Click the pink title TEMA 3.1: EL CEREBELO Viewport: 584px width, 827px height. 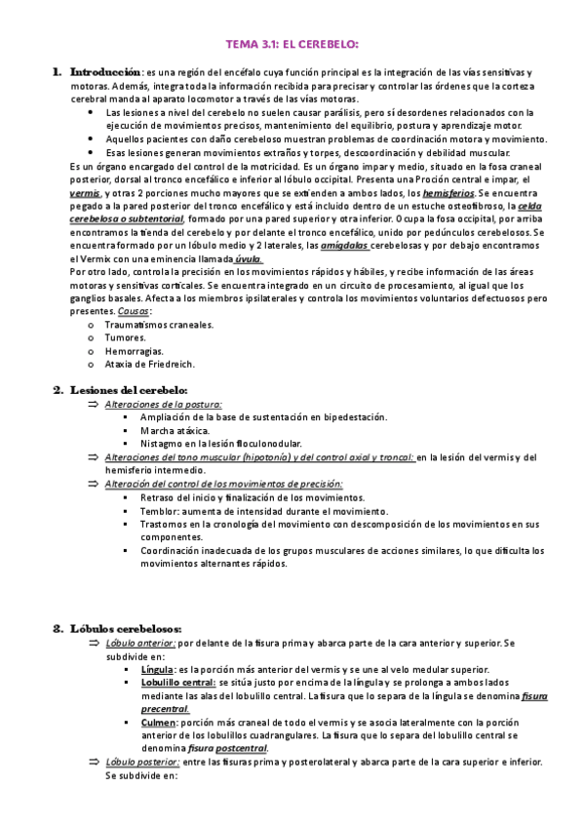pyautogui.click(x=292, y=45)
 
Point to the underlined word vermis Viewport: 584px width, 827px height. pyautogui.click(x=85, y=194)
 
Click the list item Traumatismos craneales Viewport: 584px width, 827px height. pyautogui.click(x=159, y=324)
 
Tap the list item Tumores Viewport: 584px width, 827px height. pyautogui.click(x=125, y=337)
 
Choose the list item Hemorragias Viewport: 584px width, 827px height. pyautogui.click(x=134, y=351)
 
